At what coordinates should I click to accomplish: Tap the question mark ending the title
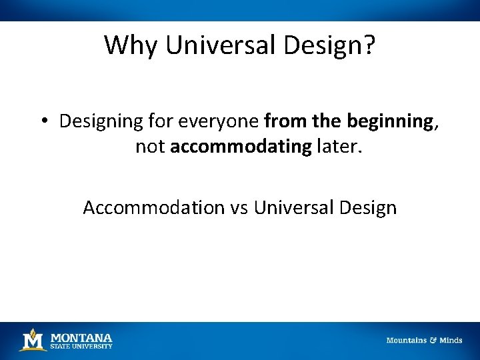click(x=369, y=45)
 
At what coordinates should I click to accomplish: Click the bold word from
click(x=284, y=121)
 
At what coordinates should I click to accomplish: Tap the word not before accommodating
click(x=150, y=147)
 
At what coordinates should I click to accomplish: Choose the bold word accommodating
click(x=241, y=147)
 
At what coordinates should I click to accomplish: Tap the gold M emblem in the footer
click(x=33, y=340)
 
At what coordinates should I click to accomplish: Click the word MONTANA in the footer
click(x=81, y=337)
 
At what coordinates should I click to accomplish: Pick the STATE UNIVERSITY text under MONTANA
click(x=81, y=346)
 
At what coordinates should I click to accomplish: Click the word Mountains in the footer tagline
click(x=407, y=340)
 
